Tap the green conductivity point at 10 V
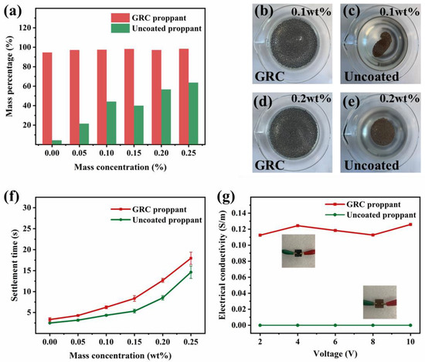pyautogui.click(x=410, y=325)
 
